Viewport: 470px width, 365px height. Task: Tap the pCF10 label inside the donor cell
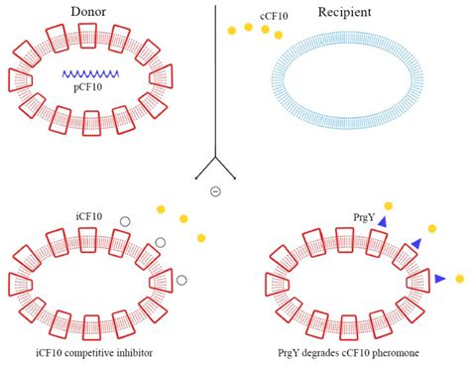coord(90,90)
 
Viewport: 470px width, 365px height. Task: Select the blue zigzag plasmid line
coord(92,73)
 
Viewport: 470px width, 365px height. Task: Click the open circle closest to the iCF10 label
coord(125,221)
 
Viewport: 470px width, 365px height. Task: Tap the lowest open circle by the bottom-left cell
coord(181,281)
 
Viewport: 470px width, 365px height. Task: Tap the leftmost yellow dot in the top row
coord(231,32)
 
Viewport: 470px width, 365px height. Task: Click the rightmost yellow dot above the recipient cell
coord(279,35)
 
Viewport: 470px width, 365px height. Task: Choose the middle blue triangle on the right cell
coord(416,243)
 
